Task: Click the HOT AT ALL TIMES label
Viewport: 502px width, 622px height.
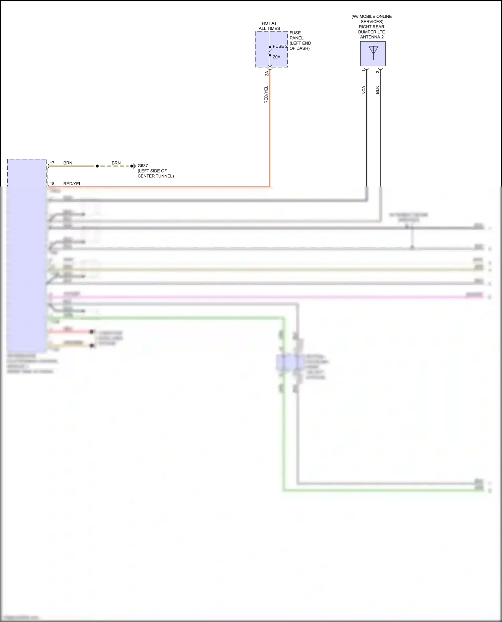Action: [x=269, y=26]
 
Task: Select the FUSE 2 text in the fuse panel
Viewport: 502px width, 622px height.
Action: [x=280, y=46]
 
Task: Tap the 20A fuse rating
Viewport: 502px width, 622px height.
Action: [x=276, y=57]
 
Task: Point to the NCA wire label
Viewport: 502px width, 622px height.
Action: [x=364, y=90]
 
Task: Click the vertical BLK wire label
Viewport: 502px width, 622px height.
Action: [x=378, y=90]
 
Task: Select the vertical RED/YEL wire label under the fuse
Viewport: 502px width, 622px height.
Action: [x=266, y=95]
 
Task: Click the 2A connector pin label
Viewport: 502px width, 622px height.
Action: [x=267, y=74]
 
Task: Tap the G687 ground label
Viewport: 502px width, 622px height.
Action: [x=143, y=165]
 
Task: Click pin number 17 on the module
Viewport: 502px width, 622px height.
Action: [x=52, y=163]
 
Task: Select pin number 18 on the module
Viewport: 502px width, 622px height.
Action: [x=52, y=183]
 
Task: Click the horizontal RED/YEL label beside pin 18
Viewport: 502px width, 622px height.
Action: [x=72, y=183]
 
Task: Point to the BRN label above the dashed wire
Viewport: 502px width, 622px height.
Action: [x=116, y=163]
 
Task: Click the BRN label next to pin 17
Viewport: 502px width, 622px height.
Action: [x=68, y=163]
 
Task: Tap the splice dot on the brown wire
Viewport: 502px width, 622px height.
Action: [x=97, y=166]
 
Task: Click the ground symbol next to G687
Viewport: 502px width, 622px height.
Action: [x=133, y=166]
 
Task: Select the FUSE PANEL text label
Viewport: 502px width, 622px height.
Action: [x=296, y=35]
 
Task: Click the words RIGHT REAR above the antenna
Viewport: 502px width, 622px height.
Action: [x=371, y=27]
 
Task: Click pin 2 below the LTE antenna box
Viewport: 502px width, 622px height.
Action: [x=378, y=72]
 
